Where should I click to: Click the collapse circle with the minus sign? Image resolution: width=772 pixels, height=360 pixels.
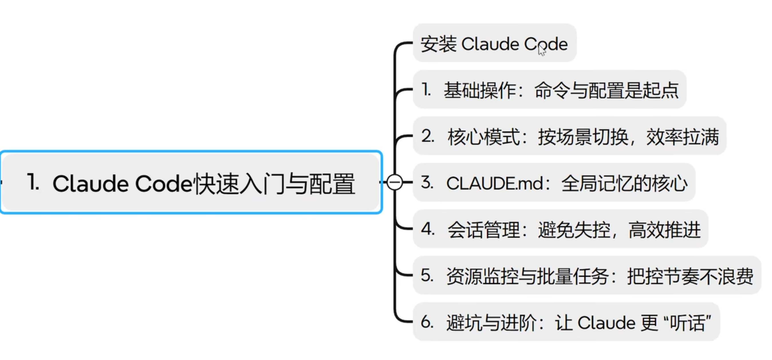pyautogui.click(x=394, y=182)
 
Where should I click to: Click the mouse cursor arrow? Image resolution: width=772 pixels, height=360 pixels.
pyautogui.click(x=541, y=50)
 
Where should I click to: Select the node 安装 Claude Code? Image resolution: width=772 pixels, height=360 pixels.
pyautogui.click(x=494, y=44)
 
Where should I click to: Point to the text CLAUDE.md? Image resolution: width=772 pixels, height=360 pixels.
pyautogui.click(x=495, y=183)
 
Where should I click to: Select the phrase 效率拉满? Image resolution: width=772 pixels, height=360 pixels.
pyautogui.click(x=683, y=137)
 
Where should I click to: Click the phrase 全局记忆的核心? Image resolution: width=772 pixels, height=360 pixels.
pyautogui.click(x=624, y=183)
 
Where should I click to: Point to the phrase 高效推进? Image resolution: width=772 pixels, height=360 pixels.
pyautogui.click(x=664, y=230)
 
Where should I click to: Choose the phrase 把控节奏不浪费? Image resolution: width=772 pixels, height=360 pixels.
pyautogui.click(x=690, y=276)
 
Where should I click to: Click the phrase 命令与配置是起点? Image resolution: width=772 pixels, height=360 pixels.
pyautogui.click(x=606, y=90)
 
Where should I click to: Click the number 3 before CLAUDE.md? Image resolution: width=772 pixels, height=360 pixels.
pyautogui.click(x=427, y=182)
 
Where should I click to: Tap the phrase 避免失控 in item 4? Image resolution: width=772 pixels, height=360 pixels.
pyautogui.click(x=574, y=230)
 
